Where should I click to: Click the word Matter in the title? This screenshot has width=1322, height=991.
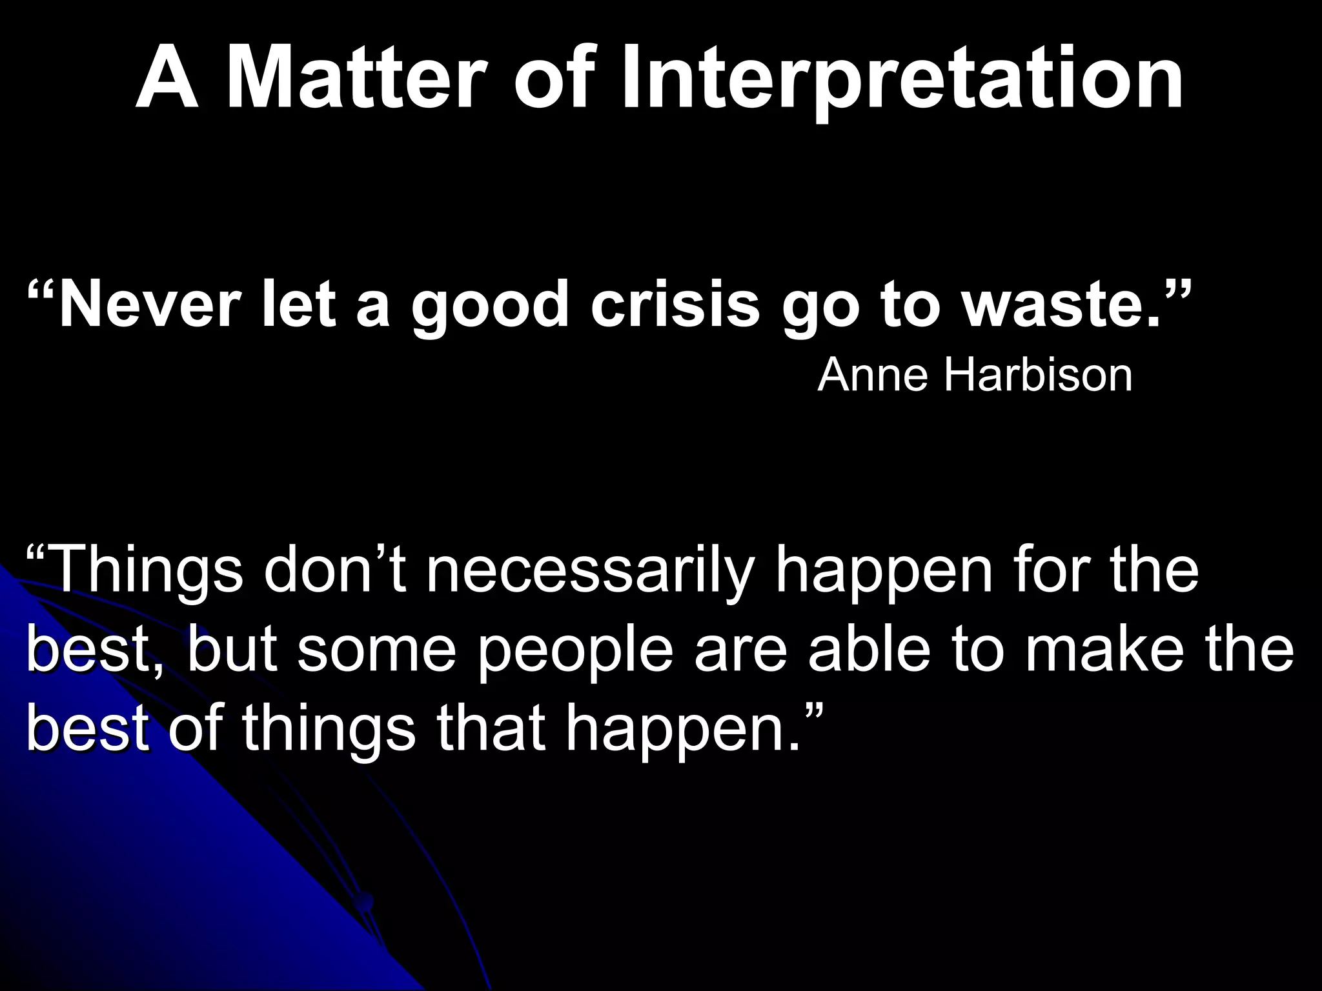pyautogui.click(x=355, y=79)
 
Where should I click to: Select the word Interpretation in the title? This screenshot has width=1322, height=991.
pyautogui.click(x=902, y=79)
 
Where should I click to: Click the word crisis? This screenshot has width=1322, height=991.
pyautogui.click(x=675, y=305)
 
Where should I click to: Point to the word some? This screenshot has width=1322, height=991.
pyautogui.click(x=376, y=650)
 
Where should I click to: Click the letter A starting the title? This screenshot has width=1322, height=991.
pyautogui.click(x=167, y=79)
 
